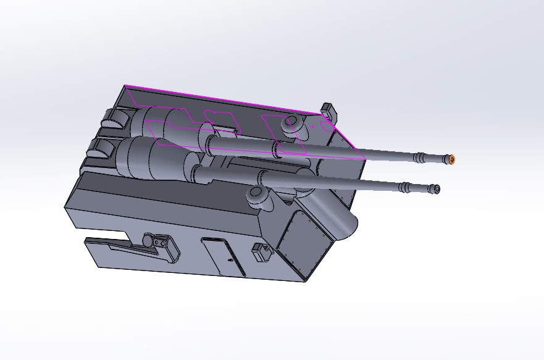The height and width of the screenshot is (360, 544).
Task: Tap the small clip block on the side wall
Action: click(261, 252)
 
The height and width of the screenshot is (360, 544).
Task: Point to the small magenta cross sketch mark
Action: click(313, 126)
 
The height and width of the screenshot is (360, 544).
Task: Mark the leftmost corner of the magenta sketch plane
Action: click(125, 86)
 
